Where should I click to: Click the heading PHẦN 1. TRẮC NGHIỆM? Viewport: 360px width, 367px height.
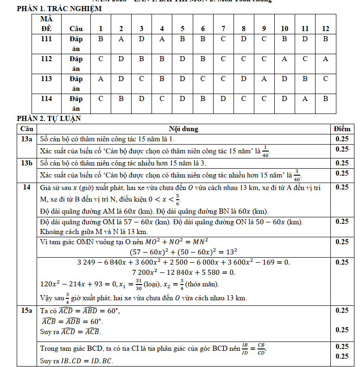click(59, 9)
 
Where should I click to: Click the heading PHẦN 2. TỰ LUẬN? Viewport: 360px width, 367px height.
click(49, 119)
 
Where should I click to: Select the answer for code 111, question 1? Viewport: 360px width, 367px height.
click(101, 39)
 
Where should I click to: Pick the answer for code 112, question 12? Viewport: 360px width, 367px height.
click(325, 59)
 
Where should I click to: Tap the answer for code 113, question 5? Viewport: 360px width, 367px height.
click(182, 79)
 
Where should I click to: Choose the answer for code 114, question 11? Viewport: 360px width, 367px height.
click(305, 99)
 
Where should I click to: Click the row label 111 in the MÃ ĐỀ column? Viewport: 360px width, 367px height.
click(46, 39)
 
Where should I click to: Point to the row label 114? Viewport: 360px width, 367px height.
click(46, 99)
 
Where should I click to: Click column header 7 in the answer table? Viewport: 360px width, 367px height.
click(223, 29)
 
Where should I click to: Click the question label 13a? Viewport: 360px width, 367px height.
click(27, 139)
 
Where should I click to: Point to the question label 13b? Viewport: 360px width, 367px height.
click(27, 163)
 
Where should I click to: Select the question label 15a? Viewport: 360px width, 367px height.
click(27, 310)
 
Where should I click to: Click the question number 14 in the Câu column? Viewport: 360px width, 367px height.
click(27, 187)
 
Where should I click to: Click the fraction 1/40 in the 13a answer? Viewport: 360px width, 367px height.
click(265, 151)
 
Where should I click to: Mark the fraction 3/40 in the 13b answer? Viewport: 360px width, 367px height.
click(297, 175)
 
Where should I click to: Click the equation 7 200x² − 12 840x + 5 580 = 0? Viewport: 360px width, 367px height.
click(184, 272)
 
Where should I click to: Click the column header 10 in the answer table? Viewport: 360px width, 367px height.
click(284, 29)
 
